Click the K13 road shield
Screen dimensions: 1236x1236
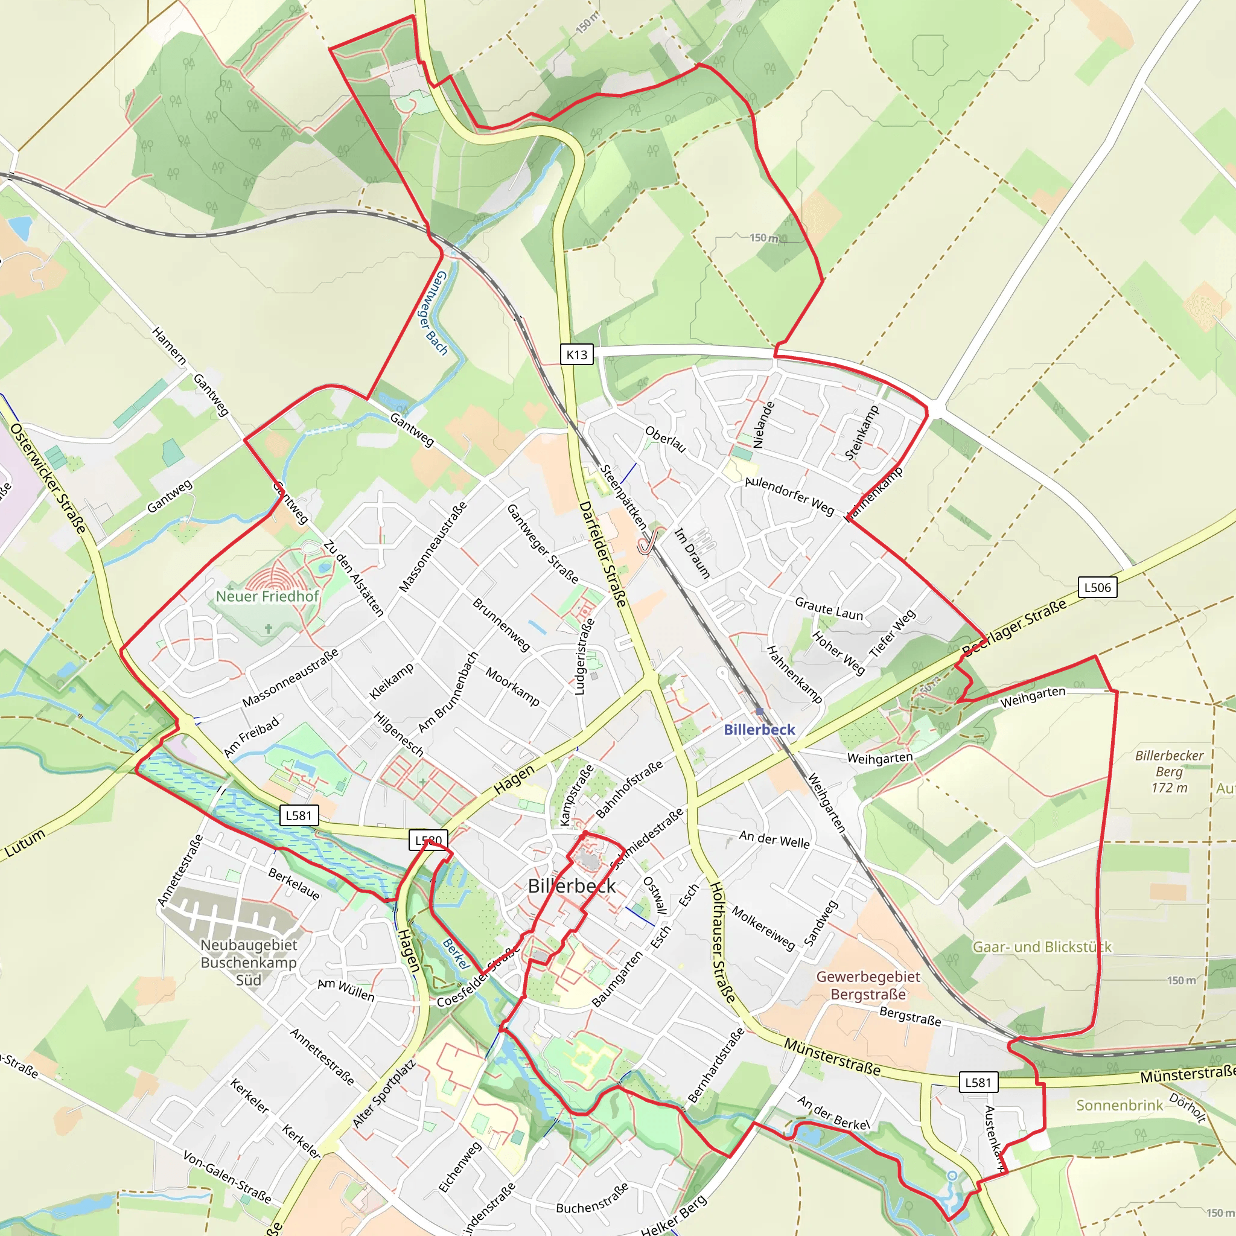coord(576,354)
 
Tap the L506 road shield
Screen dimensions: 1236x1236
coord(1097,587)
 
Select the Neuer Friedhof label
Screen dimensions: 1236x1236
coord(267,596)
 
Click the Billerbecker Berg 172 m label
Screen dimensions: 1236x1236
coord(1169,771)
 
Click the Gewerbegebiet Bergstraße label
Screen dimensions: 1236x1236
coord(868,985)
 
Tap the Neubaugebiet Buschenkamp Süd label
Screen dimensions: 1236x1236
coord(248,962)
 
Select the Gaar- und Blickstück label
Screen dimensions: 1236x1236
coord(1042,947)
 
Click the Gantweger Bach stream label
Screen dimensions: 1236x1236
coord(433,313)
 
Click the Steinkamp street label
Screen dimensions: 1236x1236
coord(862,433)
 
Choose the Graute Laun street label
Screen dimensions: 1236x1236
coord(829,608)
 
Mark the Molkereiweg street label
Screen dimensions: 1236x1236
coord(763,927)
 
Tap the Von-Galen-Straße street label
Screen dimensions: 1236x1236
coord(227,1176)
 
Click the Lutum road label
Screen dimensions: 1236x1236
coord(25,843)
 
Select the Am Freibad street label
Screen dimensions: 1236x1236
coord(252,737)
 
